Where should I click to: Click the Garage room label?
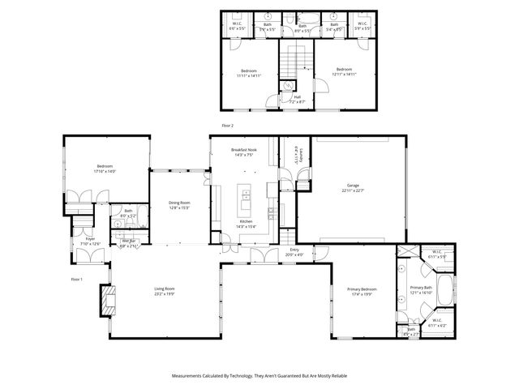point(352,186)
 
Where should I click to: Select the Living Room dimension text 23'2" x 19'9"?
point(165,294)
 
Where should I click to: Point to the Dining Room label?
point(179,203)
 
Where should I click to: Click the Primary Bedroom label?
point(362,289)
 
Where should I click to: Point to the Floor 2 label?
point(227,126)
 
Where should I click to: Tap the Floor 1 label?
point(77,279)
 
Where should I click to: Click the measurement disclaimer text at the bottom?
point(259,376)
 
